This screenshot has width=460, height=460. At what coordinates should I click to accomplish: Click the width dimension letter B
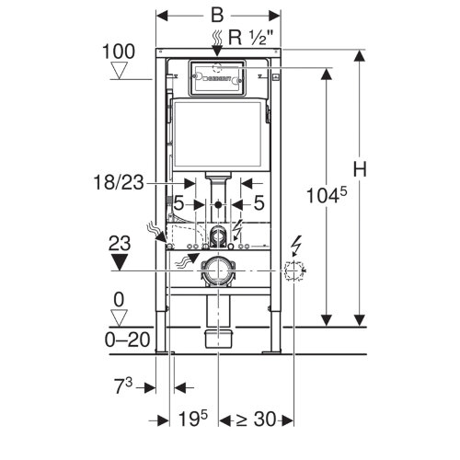point(217,15)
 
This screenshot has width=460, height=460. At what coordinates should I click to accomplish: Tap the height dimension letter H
point(360,169)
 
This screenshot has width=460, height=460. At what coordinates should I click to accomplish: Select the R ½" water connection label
point(251,38)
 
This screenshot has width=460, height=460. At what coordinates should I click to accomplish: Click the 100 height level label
point(119,52)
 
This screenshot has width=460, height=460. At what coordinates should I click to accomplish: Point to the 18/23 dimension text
point(119,182)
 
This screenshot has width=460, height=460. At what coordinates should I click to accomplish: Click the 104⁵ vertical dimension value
point(327,195)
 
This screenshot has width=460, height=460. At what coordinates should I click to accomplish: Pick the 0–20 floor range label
point(127,339)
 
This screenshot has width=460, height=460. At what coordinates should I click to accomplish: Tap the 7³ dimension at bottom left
point(123,385)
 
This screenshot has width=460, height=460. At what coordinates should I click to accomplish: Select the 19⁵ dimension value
point(193,419)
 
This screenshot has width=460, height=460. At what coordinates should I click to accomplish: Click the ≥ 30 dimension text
point(256,419)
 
